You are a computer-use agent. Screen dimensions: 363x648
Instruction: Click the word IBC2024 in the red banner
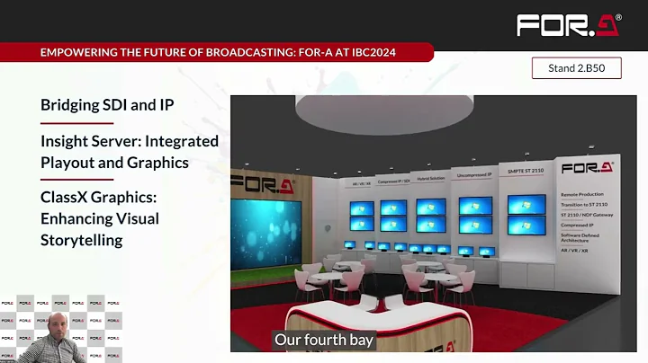pyautogui.click(x=365, y=53)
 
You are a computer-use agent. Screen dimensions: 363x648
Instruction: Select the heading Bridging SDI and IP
pyautogui.click(x=107, y=105)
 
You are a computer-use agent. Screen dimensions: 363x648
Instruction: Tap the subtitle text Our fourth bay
pyautogui.click(x=323, y=341)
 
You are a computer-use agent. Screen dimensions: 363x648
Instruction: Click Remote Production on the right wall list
pyautogui.click(x=582, y=194)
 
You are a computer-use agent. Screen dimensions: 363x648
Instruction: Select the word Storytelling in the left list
pyautogui.click(x=81, y=240)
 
